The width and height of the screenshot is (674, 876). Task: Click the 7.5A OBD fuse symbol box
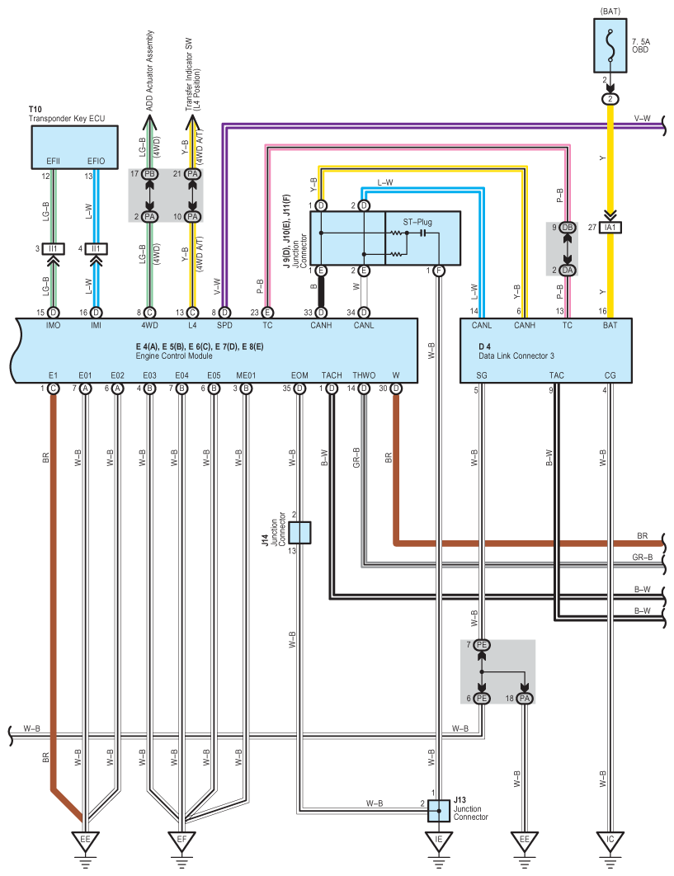[610, 45]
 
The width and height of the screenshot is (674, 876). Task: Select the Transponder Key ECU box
[74, 147]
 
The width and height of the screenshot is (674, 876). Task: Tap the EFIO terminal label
[97, 161]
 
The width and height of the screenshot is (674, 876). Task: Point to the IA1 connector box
[610, 228]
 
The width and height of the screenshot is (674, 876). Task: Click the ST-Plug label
[417, 222]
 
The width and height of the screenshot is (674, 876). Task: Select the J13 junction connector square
[439, 811]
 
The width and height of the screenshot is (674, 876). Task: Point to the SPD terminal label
[224, 325]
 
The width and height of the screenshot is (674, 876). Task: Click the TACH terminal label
[332, 375]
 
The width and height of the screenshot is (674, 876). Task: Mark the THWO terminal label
[364, 375]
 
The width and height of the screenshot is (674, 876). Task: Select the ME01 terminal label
[246, 375]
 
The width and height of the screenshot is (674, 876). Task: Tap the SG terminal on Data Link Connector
[482, 375]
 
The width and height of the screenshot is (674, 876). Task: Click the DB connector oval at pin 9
[568, 228]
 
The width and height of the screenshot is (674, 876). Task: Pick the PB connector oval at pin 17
[149, 174]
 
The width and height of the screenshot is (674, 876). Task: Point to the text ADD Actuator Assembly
[149, 71]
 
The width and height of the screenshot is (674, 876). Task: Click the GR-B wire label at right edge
[642, 557]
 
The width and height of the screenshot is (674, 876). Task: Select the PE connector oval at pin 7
[481, 645]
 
